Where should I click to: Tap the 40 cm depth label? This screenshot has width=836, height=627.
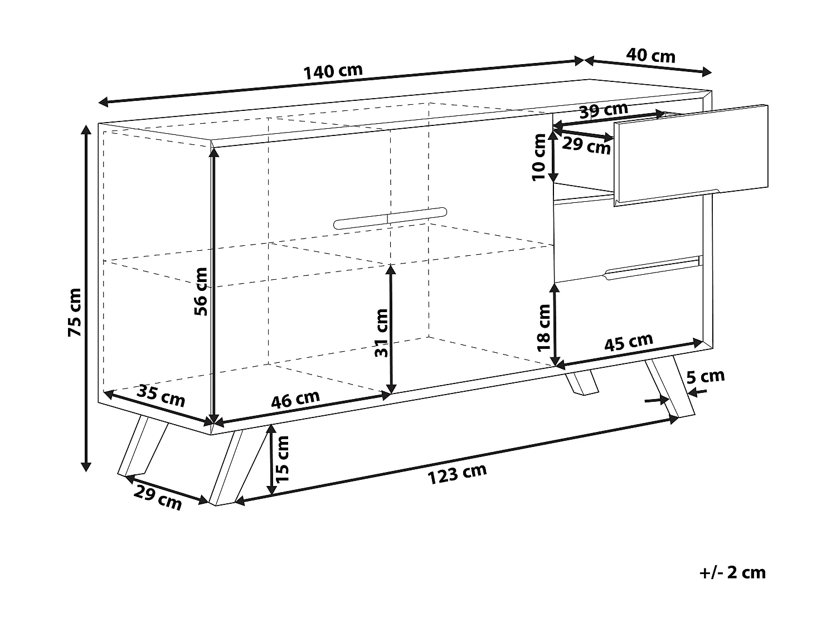click(x=650, y=56)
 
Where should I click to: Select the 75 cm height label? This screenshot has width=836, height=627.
click(x=75, y=312)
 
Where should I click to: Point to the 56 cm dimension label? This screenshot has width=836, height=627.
click(x=201, y=291)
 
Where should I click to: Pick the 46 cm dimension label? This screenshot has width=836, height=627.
click(x=295, y=399)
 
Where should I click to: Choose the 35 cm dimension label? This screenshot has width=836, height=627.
click(x=161, y=396)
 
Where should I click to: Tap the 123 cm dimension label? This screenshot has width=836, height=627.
click(x=457, y=474)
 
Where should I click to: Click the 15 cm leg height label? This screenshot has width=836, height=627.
click(x=282, y=459)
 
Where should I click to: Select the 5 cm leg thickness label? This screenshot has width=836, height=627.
click(x=706, y=377)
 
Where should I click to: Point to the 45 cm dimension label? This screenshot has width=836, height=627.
click(x=629, y=342)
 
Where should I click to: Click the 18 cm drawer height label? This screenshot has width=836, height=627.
click(x=543, y=328)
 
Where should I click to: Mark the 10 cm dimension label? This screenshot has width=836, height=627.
click(x=539, y=157)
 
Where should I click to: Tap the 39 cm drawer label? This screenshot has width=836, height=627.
click(x=604, y=110)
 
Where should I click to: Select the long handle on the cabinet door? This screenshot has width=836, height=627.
click(x=390, y=218)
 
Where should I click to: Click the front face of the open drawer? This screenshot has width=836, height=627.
click(x=691, y=155)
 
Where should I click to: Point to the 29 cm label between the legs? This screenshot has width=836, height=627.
click(x=158, y=498)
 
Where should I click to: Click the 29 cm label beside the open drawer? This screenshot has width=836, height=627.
click(x=586, y=145)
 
